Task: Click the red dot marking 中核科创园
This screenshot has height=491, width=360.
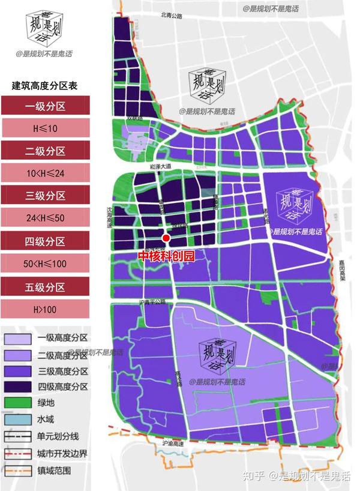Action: pyautogui.click(x=166, y=239)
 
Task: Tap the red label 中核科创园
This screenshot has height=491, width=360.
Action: pyautogui.click(x=167, y=255)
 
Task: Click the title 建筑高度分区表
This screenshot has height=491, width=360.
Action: pyautogui.click(x=45, y=86)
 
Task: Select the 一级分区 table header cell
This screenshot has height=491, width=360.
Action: pyautogui.click(x=45, y=106)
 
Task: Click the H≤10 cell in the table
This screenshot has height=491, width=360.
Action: pyautogui.click(x=45, y=128)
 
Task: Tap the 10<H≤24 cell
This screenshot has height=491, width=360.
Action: pyautogui.click(x=45, y=173)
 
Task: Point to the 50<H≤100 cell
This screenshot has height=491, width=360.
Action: pyautogui.click(x=45, y=264)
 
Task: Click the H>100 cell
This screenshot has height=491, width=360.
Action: pyautogui.click(x=45, y=309)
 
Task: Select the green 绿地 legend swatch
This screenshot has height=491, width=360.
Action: pyautogui.click(x=17, y=403)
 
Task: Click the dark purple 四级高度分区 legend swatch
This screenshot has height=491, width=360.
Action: pyautogui.click(x=17, y=387)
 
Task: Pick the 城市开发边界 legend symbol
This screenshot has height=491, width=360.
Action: pyautogui.click(x=17, y=454)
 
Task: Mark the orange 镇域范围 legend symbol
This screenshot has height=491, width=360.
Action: pyautogui.click(x=17, y=471)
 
